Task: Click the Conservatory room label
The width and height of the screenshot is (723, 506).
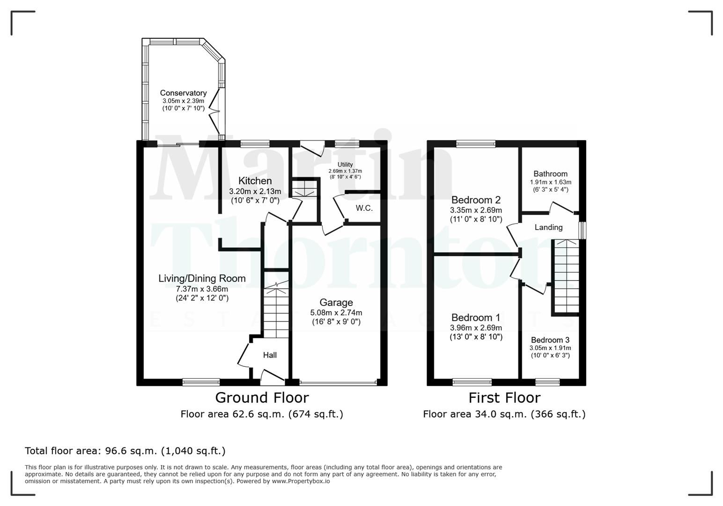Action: coord(183,93)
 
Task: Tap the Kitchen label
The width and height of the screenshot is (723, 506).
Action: coord(255,181)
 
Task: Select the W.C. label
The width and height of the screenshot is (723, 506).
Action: coord(364,208)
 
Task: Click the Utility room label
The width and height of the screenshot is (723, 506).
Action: coord(345,165)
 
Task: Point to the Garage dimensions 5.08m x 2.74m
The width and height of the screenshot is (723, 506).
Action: coord(336,313)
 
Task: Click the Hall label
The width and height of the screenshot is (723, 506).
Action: coord(270,355)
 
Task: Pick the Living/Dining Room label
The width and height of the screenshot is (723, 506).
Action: coord(202,278)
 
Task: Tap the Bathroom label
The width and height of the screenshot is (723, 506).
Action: coord(550,174)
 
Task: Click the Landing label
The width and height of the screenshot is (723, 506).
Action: coord(548,227)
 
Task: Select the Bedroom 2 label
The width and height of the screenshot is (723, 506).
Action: coord(476,200)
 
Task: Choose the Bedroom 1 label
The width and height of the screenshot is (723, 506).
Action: coord(476,318)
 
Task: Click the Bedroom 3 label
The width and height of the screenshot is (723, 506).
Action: coord(550,340)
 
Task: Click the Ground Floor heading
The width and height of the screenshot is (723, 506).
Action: coord(262,398)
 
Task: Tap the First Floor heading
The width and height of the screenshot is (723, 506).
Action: coord(504,398)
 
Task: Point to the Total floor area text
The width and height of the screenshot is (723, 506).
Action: coord(125,451)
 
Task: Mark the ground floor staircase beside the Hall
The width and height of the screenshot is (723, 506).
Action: coord(275,312)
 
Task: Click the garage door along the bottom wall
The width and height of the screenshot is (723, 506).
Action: coord(338,382)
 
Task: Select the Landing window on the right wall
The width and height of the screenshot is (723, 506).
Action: coord(582,230)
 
